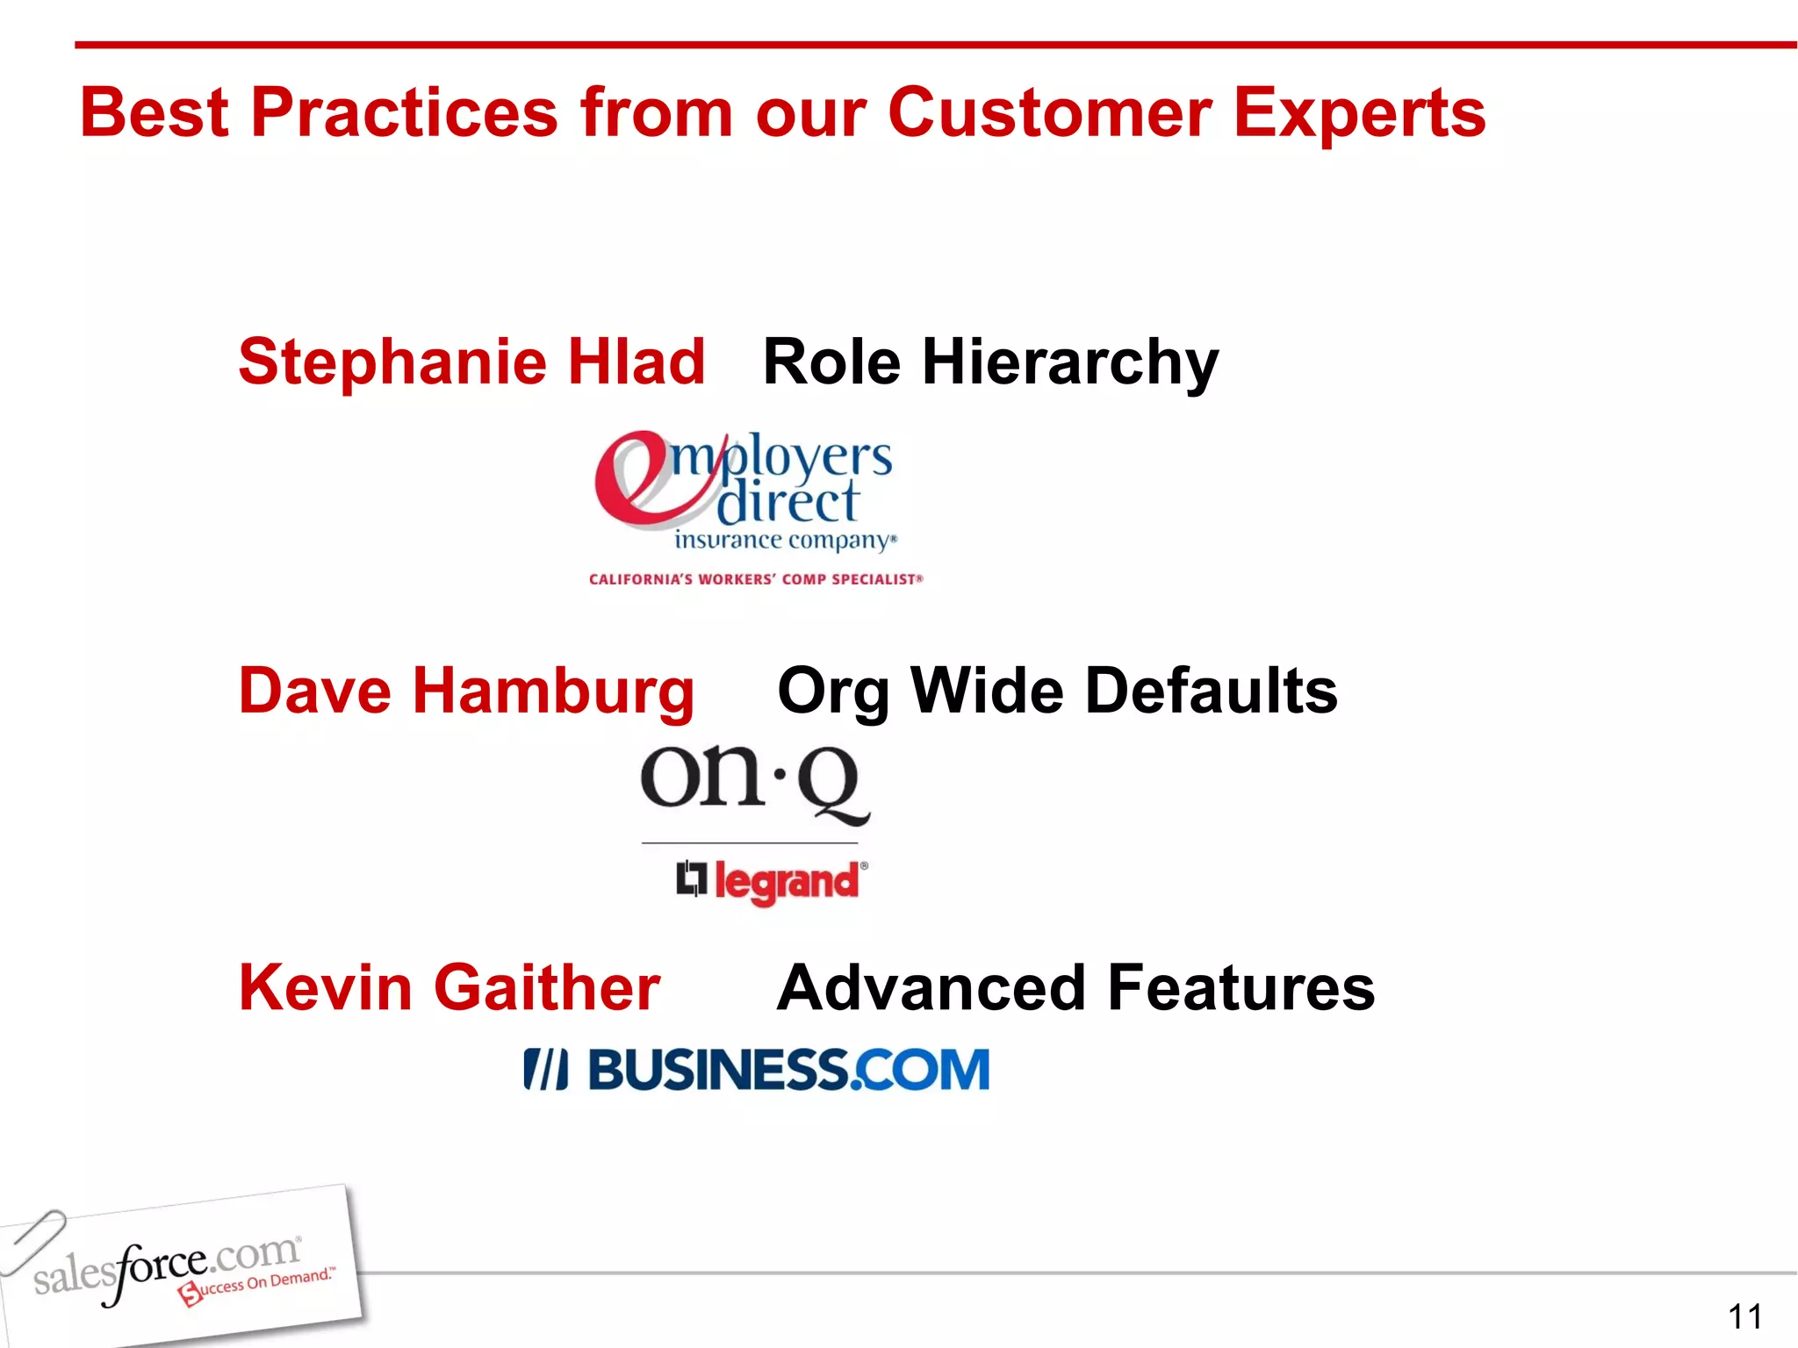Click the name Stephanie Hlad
click(471, 362)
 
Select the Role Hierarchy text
click(990, 362)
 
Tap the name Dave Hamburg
click(466, 692)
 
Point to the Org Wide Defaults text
click(1057, 692)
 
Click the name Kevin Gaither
click(449, 988)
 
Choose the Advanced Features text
click(1075, 988)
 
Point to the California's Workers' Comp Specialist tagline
click(756, 579)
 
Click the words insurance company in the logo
click(785, 540)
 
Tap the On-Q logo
click(755, 783)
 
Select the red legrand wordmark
click(787, 881)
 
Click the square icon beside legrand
click(692, 878)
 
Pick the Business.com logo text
click(788, 1070)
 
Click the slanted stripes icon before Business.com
click(545, 1070)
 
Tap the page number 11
click(1744, 1316)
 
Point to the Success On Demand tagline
click(256, 1286)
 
